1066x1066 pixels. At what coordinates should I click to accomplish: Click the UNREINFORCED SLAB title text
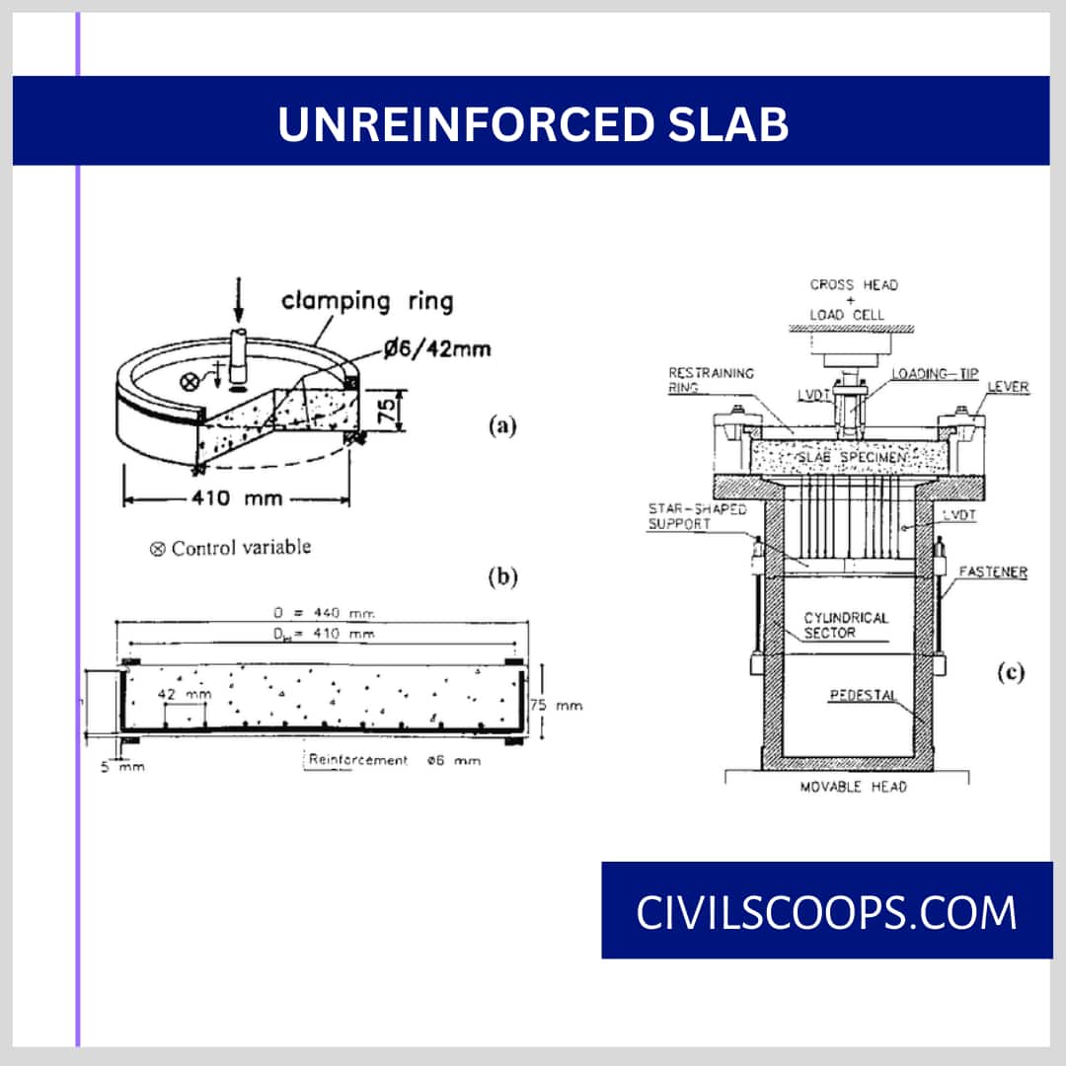[x=533, y=124]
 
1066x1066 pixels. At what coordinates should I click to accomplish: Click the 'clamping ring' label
[x=367, y=300]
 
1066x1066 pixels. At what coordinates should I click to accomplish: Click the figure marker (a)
[x=502, y=426]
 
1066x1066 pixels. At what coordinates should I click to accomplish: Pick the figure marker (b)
[x=502, y=578]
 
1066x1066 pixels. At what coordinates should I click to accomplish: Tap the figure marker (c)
[x=1010, y=674]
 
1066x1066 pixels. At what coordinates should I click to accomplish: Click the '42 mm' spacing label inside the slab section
[x=185, y=695]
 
